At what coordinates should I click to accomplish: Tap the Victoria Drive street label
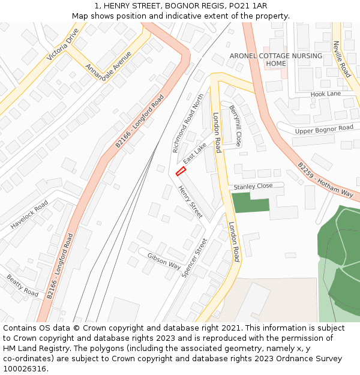click(63, 44)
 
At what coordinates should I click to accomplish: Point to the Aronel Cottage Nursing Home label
click(276, 59)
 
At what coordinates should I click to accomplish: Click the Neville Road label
click(342, 59)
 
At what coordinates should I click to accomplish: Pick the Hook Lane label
click(325, 94)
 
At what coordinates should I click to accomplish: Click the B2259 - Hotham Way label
click(325, 179)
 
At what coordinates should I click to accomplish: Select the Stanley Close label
click(253, 187)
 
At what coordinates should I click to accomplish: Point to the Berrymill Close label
click(235, 125)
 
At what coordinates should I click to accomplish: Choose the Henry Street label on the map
click(190, 201)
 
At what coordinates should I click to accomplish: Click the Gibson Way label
click(164, 260)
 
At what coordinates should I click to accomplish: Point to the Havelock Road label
click(29, 215)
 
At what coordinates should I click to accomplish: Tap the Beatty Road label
click(22, 285)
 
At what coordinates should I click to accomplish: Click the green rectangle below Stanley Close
click(250, 203)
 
